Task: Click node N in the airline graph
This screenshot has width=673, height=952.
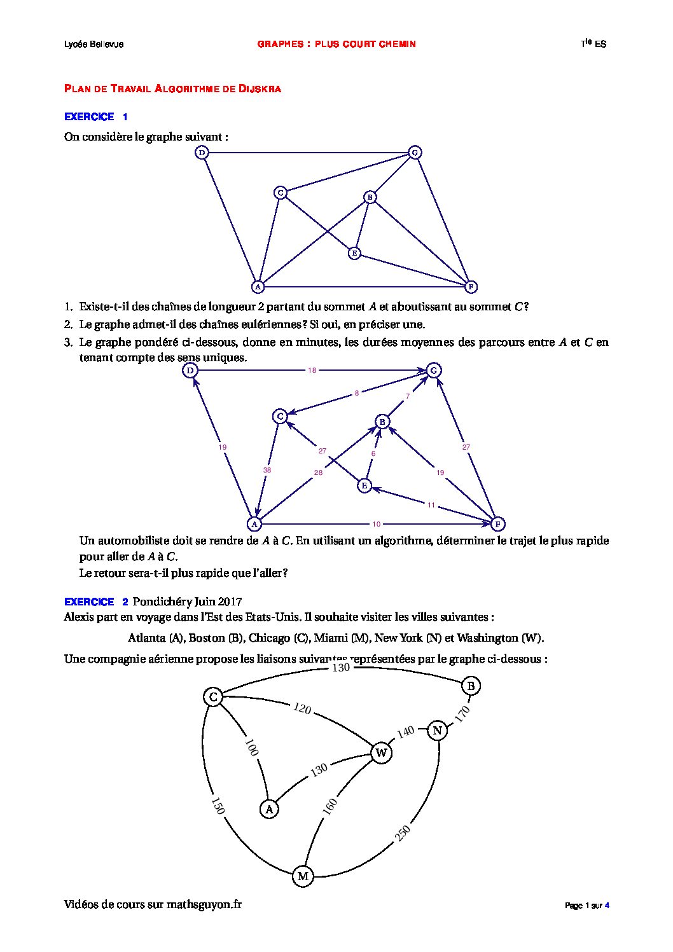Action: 437,731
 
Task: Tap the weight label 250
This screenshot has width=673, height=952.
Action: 403,833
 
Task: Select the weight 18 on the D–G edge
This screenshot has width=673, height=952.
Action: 312,370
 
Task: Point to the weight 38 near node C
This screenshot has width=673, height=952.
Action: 267,470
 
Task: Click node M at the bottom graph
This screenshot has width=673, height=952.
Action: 303,876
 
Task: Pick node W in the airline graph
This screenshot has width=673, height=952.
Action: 381,754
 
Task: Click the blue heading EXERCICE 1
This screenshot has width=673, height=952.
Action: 95,117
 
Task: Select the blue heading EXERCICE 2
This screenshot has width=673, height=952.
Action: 95,602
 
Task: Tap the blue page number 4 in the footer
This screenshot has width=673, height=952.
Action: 607,906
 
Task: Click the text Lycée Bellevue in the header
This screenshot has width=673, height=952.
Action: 94,44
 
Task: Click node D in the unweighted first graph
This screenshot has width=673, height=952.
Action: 202,153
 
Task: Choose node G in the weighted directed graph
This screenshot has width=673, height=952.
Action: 433,370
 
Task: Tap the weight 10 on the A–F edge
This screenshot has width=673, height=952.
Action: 377,524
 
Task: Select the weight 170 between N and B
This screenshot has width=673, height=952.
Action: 462,714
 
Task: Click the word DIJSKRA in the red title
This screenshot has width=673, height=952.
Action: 260,89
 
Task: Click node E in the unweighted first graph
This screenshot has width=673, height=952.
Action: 354,253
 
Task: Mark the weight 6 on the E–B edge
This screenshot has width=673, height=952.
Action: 373,453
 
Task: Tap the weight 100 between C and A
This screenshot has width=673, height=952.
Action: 251,748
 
